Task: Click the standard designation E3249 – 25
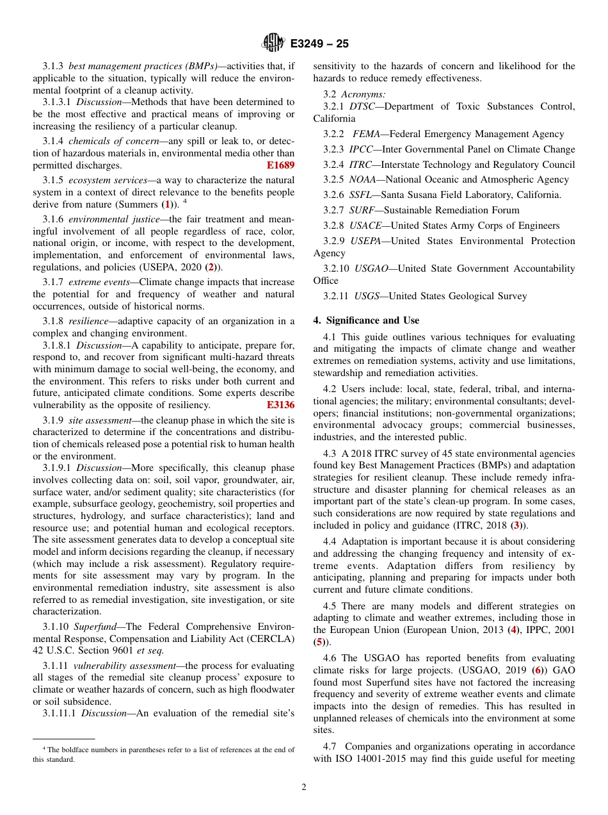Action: (x=319, y=44)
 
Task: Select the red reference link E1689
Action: (x=280, y=165)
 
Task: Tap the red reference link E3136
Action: (x=280, y=405)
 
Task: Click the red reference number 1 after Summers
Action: (x=167, y=204)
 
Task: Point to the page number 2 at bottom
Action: (x=304, y=787)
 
